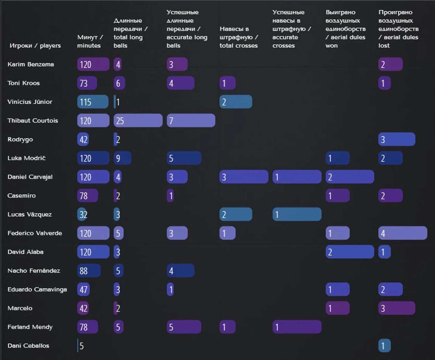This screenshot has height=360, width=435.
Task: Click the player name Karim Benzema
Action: click(31, 64)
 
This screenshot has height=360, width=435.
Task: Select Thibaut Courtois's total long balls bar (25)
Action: click(138, 121)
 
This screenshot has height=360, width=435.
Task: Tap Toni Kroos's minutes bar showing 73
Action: click(87, 83)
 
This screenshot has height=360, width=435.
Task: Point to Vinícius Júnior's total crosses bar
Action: click(236, 102)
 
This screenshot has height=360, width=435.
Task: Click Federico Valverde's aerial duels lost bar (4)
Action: click(403, 233)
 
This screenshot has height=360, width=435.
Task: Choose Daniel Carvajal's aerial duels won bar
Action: click(349, 177)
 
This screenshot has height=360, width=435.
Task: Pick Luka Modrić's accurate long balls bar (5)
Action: click(184, 158)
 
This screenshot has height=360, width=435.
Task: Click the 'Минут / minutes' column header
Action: click(90, 41)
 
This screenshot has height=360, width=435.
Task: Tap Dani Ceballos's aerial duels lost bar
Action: click(384, 346)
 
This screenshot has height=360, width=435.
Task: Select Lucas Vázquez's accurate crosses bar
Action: click(297, 215)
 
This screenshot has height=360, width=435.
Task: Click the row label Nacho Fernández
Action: click(34, 271)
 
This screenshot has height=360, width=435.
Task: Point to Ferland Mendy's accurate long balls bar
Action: click(184, 327)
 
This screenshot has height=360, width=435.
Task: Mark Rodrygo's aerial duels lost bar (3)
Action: click(397, 139)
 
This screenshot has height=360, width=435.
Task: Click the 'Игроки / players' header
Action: click(35, 46)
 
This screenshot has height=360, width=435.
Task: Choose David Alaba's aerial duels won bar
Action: click(349, 252)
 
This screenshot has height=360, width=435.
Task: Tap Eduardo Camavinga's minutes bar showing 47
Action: click(83, 289)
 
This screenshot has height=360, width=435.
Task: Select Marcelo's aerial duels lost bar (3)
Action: click(397, 308)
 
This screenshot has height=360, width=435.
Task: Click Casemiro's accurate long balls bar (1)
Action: click(170, 196)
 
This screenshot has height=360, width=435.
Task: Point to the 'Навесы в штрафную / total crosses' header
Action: click(239, 37)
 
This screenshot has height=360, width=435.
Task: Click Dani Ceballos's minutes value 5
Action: click(81, 346)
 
